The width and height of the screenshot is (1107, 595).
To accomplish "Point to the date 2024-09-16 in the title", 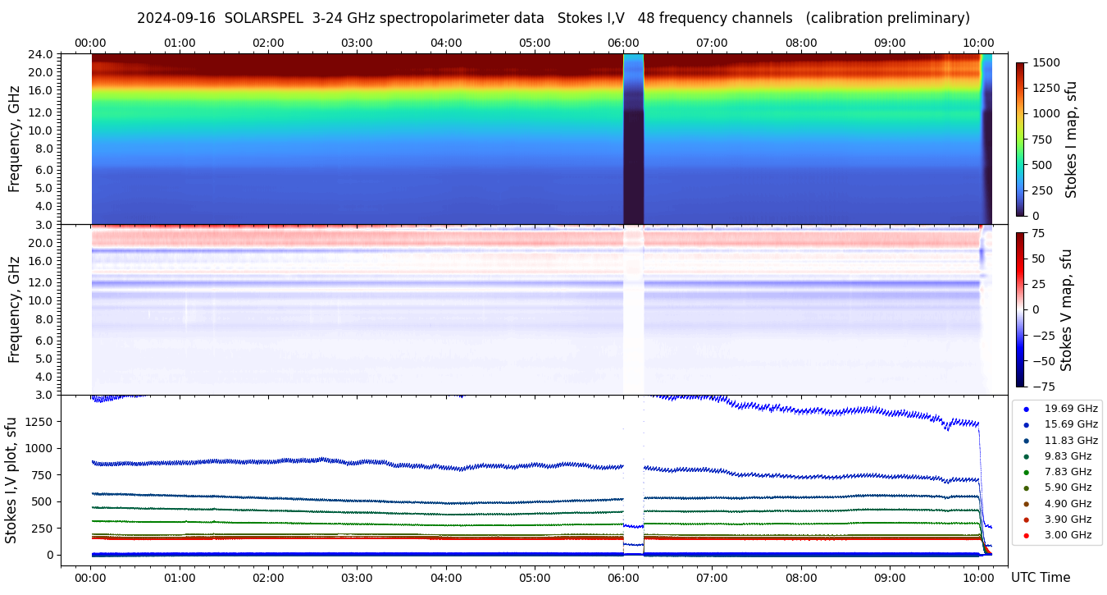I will (x=175, y=18).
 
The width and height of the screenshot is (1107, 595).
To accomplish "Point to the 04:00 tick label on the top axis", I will (x=446, y=43).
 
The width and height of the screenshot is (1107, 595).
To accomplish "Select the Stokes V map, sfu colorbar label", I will (x=1066, y=309).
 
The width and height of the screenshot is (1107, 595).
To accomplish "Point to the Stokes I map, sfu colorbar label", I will (x=1071, y=139).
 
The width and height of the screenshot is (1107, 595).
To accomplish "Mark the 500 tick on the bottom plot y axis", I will (x=43, y=501).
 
